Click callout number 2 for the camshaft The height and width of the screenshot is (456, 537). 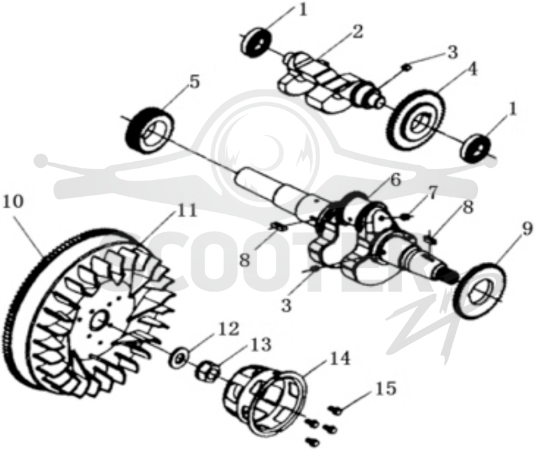pos(356,32)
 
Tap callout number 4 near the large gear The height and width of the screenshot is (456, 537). pos(471,71)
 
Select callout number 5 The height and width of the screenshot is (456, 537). pos(194,82)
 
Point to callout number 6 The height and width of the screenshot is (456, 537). pos(395,180)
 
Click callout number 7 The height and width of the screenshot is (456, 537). pos(432,193)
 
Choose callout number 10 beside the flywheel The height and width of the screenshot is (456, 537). pos(13,202)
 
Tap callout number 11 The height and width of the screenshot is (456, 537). pos(187,210)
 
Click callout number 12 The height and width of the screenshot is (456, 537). pos(229,329)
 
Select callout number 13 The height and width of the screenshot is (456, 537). pos(261,345)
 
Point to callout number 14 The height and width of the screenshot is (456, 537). pos(340,359)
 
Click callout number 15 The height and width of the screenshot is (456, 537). pos(385,389)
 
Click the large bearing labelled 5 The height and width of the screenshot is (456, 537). pos(150,131)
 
